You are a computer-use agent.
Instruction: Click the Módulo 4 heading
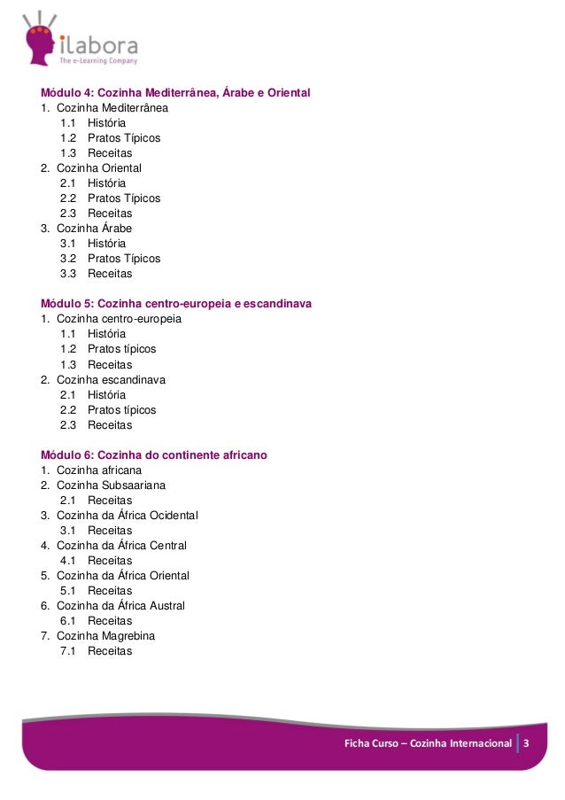point(175,93)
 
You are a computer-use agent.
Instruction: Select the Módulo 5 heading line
point(176,304)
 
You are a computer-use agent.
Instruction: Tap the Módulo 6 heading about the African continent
point(154,455)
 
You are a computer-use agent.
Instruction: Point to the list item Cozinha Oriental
point(98,168)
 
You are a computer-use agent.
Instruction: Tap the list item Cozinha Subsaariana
point(111,485)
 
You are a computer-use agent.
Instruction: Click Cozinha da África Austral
point(120,606)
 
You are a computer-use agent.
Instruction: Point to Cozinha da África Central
point(121,546)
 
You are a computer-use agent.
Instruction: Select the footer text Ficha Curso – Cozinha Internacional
point(428,742)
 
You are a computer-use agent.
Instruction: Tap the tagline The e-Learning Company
point(98,61)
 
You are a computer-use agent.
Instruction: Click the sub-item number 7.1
point(68,651)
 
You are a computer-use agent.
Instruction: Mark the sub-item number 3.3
point(68,274)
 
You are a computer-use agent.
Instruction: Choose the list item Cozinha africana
point(98,470)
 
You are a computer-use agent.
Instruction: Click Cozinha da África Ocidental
point(127,516)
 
